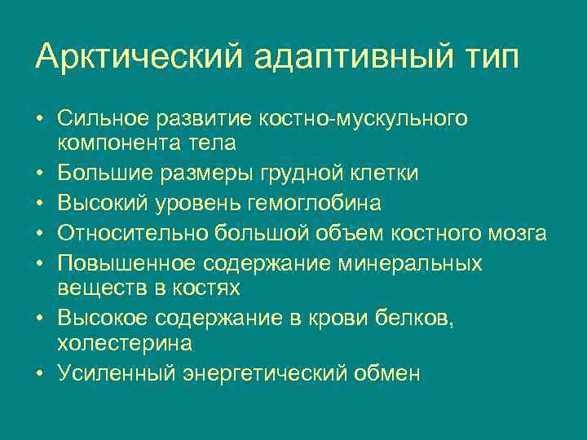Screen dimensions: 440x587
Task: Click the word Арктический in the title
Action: [x=139, y=57]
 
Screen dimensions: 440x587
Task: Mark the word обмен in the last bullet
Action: [x=388, y=373]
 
